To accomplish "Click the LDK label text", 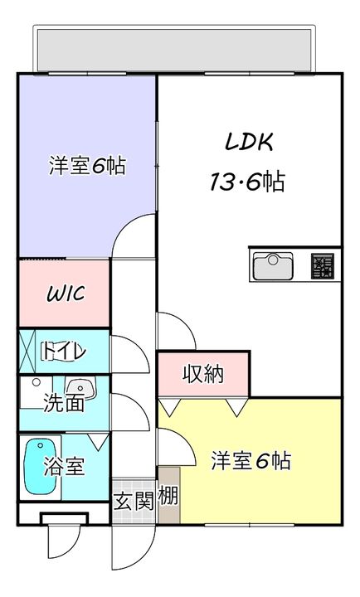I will tap(248, 142).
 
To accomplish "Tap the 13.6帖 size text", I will tap(246, 182).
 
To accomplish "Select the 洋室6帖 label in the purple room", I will tap(87, 165).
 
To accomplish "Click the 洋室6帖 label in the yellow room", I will tap(251, 460).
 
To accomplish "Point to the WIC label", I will tap(66, 294).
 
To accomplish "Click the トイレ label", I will tap(65, 352).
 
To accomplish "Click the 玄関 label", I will tap(133, 501).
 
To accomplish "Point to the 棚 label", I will tap(168, 498).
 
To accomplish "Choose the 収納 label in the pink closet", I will tap(203, 375).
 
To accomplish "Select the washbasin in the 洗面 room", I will tap(80, 387).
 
